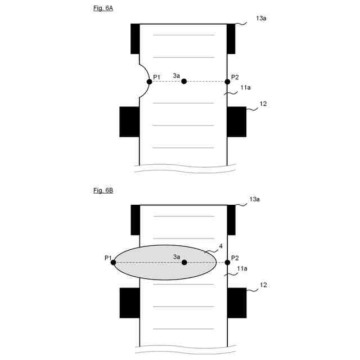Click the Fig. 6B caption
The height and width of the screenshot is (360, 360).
tap(103, 191)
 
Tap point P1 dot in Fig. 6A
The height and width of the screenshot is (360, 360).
tap(149, 82)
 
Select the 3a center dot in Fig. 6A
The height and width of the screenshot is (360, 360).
tap(184, 82)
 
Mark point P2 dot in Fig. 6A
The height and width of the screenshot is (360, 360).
tap(227, 82)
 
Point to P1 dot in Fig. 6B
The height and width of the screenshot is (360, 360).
tap(114, 262)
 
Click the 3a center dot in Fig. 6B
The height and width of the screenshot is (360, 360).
tap(184, 262)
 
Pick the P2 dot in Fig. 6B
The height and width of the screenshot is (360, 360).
tap(227, 262)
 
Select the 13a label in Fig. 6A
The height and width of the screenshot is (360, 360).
tap(260, 19)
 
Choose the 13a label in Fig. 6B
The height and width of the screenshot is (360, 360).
tap(254, 199)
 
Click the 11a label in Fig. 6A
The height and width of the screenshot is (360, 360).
tap(245, 88)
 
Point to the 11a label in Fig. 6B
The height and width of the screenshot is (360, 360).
tap(242, 269)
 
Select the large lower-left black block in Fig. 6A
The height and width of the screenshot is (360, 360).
tap(129, 121)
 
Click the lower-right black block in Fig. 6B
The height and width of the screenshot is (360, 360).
tap(237, 303)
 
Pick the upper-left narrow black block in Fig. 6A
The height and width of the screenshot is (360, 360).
tap(135, 39)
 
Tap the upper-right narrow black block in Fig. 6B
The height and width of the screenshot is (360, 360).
tap(231, 220)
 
